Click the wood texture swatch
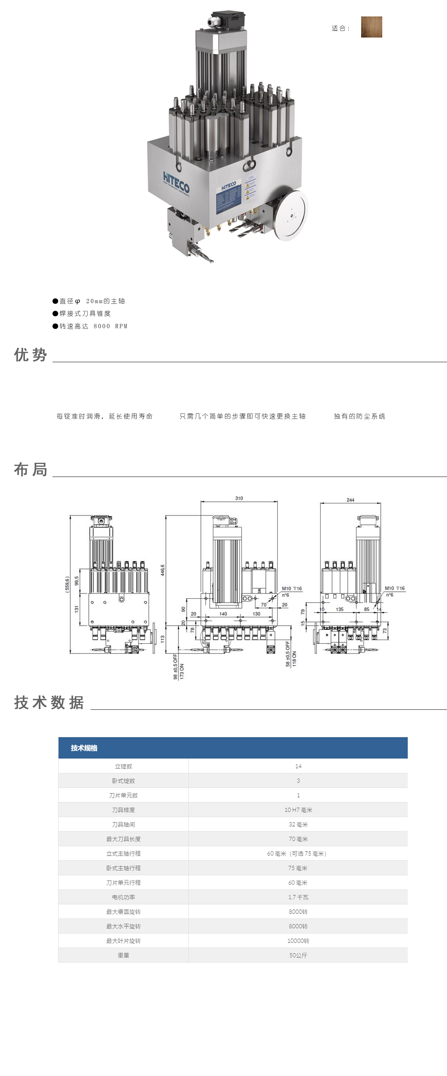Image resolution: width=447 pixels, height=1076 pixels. click(x=371, y=27)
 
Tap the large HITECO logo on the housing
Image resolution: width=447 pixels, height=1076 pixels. click(x=176, y=183)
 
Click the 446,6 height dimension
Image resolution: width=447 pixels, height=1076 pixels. click(x=163, y=570)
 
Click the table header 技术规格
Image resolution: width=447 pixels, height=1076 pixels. click(x=84, y=748)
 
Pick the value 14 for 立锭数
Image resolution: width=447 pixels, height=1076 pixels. click(x=298, y=766)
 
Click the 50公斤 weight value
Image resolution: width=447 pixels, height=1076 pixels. click(x=298, y=955)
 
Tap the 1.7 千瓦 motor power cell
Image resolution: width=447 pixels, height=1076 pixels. click(x=298, y=897)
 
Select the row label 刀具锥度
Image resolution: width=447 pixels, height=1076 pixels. click(x=123, y=810)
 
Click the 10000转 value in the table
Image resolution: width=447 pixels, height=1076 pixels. click(x=298, y=941)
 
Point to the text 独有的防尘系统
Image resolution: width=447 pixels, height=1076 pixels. click(x=359, y=417)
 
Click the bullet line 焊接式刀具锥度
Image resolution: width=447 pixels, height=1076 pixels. click(x=85, y=314)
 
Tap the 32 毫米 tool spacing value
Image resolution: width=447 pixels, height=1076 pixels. click(x=298, y=825)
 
